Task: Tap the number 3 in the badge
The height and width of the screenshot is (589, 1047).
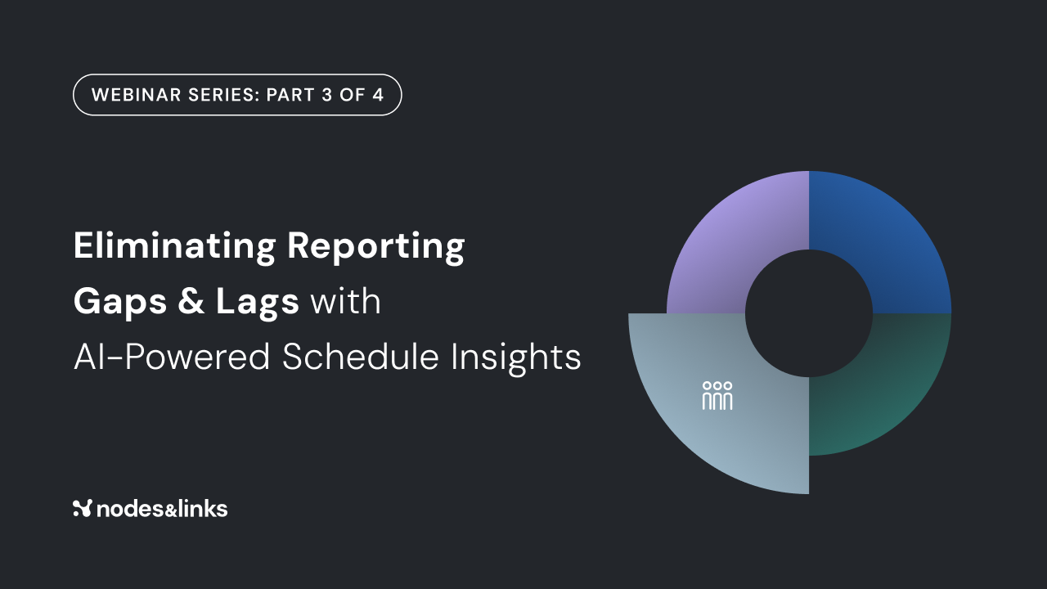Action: tap(326, 95)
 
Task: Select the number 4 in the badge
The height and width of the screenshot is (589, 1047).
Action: tap(378, 95)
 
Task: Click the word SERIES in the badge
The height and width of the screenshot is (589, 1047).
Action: tap(223, 95)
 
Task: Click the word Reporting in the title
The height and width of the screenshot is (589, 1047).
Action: tap(375, 246)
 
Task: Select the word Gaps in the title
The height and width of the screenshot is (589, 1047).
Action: tap(120, 302)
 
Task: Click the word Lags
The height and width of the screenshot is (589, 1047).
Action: tap(257, 302)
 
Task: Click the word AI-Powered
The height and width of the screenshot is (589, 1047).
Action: tap(172, 357)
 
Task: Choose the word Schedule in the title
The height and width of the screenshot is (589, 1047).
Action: tap(361, 357)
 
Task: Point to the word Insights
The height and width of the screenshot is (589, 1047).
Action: tap(515, 357)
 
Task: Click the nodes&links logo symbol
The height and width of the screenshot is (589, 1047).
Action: tap(83, 508)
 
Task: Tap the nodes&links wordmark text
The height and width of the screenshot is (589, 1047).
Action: tap(162, 509)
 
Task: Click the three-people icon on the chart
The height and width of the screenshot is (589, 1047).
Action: tap(717, 395)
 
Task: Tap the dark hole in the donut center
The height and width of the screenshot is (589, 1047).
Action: tap(809, 313)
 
